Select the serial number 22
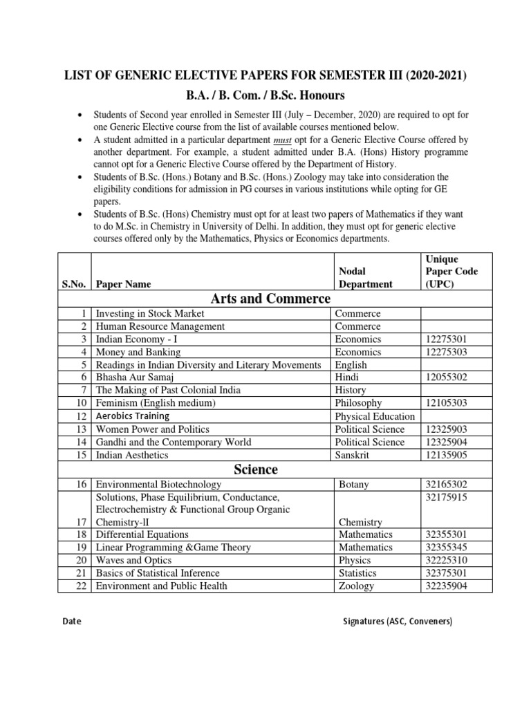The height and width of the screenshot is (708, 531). tap(82, 586)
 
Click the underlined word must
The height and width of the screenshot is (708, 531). tap(356, 138)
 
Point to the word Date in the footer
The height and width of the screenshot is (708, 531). tap(71, 622)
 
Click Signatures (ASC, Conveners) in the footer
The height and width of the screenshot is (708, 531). tap(398, 622)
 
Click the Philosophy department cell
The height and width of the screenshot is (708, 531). tap(358, 403)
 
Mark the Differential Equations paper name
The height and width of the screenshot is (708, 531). tap(142, 534)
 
